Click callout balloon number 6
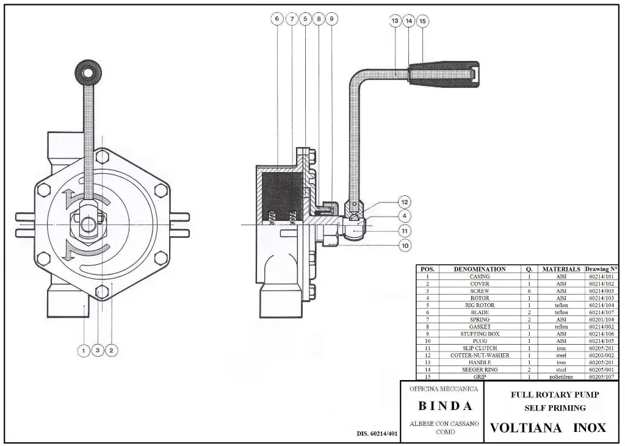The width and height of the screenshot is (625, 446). pos(277,19)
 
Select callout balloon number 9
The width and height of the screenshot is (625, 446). pos(331,19)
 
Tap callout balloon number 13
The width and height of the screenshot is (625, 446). pos(395,21)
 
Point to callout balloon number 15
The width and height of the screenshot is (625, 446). pos(422,21)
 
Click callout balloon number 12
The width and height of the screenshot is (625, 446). pos(404,202)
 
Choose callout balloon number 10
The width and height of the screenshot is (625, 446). pos(404,245)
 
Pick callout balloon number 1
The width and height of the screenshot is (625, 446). pos(84,350)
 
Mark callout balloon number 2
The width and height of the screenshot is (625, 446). pos(111,350)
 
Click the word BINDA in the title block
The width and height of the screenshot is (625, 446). pos(445,406)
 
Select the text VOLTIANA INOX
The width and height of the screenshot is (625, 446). pos(548,427)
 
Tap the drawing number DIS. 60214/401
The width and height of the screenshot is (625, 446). pos(377,434)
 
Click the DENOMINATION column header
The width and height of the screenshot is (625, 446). pos(479,268)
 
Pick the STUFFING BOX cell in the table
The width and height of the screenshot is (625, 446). pos(479,334)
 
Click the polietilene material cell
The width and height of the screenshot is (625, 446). pos(559,377)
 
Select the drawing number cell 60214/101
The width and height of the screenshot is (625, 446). pos(601,276)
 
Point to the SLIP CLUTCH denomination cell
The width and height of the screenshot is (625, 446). pos(479,348)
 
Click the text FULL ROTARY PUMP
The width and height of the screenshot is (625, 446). pos(554,395)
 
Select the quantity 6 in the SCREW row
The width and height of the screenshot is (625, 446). pos(529,291)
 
